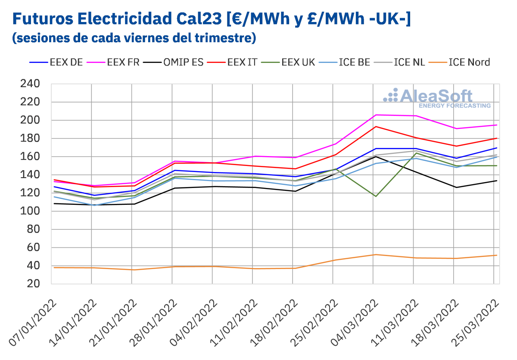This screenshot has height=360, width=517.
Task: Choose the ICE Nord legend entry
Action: [x=469, y=62]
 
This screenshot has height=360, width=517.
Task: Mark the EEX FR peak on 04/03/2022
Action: [x=376, y=115]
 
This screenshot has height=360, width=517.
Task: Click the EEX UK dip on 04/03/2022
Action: [x=376, y=197]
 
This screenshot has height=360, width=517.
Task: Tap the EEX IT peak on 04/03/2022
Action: [x=376, y=126]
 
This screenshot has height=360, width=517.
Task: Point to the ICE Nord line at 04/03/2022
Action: [x=376, y=254]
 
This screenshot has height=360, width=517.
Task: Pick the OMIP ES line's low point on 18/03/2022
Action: [x=456, y=187]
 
